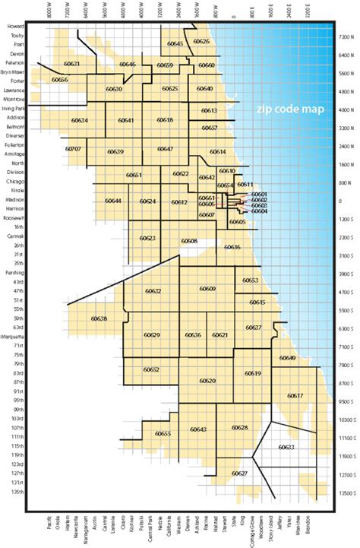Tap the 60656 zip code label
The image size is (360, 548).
point(60,80)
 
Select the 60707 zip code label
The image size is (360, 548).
point(74,149)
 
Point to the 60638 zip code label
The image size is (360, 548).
point(99,318)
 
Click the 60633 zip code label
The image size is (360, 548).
point(286,448)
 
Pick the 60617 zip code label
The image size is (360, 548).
point(295,395)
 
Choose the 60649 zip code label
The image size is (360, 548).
point(287,358)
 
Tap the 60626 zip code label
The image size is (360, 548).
point(201,41)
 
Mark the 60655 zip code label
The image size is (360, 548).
point(163,433)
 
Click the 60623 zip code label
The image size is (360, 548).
point(148,238)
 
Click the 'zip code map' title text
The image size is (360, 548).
point(289,109)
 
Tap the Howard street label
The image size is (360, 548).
point(16,27)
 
